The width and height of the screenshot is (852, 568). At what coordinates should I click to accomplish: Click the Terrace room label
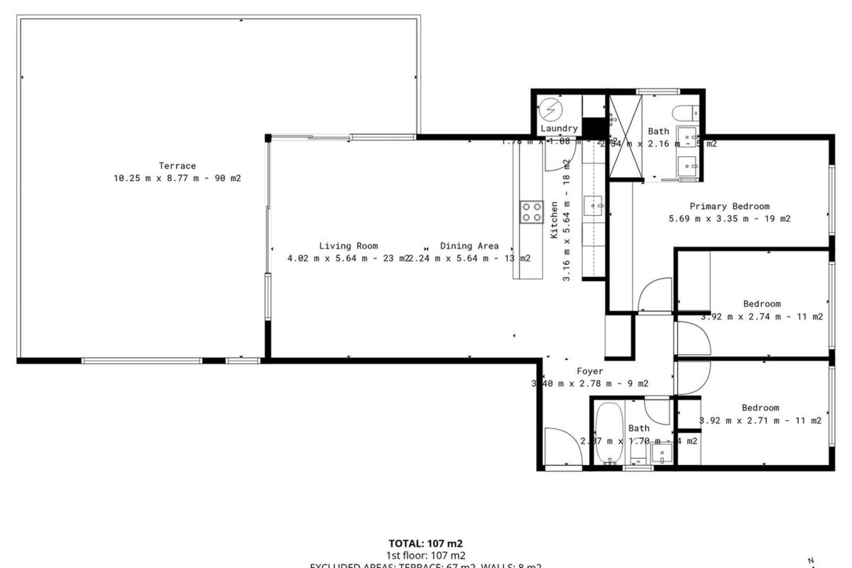point(177,166)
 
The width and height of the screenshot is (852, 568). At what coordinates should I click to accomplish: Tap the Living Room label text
point(348,246)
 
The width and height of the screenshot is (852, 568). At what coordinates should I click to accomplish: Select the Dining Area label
point(469,246)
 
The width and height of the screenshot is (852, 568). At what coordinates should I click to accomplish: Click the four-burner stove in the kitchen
point(531,212)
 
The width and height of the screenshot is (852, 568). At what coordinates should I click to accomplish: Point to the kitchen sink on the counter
point(593,205)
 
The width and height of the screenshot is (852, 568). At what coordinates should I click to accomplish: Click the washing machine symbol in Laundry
point(550,109)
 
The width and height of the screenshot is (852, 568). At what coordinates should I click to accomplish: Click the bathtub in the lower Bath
point(609,433)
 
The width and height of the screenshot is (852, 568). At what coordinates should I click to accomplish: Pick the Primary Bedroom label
point(729,206)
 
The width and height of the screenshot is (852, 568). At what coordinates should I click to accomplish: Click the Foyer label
point(589,371)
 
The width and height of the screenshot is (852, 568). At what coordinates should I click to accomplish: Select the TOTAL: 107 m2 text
point(425,544)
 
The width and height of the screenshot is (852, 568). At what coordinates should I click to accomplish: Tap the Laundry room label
point(559,129)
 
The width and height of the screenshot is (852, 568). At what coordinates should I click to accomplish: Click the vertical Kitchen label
point(554,220)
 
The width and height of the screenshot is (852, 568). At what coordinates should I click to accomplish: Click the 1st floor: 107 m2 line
point(425,555)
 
